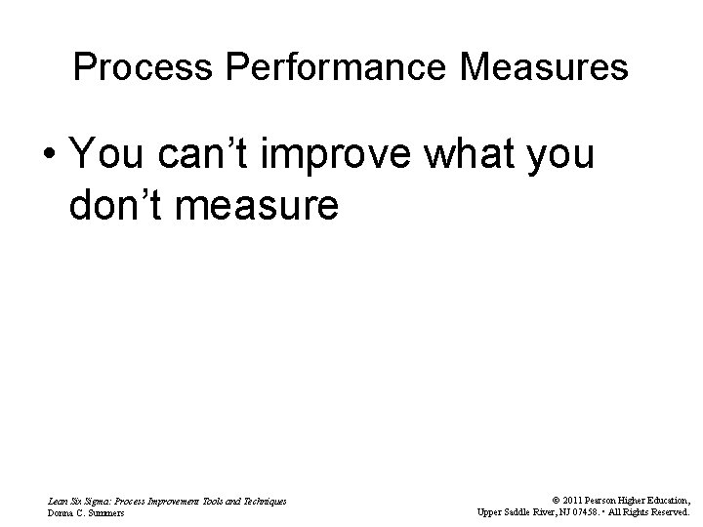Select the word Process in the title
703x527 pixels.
click(x=127, y=67)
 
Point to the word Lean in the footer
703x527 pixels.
click(x=58, y=500)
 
